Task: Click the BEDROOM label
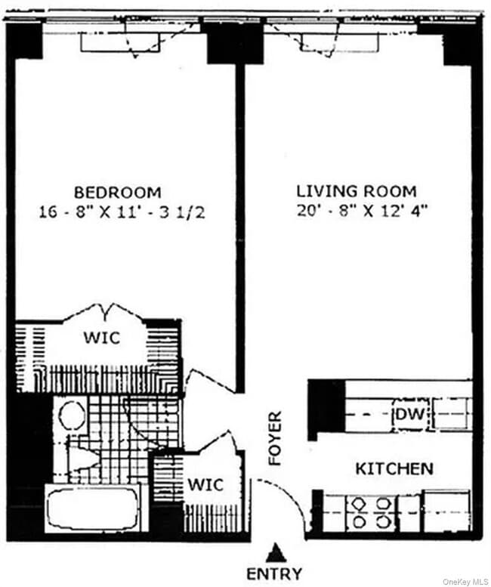pyautogui.click(x=117, y=192)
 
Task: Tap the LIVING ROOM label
pyautogui.click(x=356, y=191)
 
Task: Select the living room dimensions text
pyautogui.click(x=363, y=212)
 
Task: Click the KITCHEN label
pyautogui.click(x=394, y=468)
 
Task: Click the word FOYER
pyautogui.click(x=276, y=438)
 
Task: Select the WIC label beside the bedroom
pyautogui.click(x=103, y=338)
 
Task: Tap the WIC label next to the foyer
pyautogui.click(x=205, y=484)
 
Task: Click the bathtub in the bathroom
pyautogui.click(x=92, y=507)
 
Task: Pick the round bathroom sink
pyautogui.click(x=72, y=416)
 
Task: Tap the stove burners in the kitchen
pyautogui.click(x=369, y=511)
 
